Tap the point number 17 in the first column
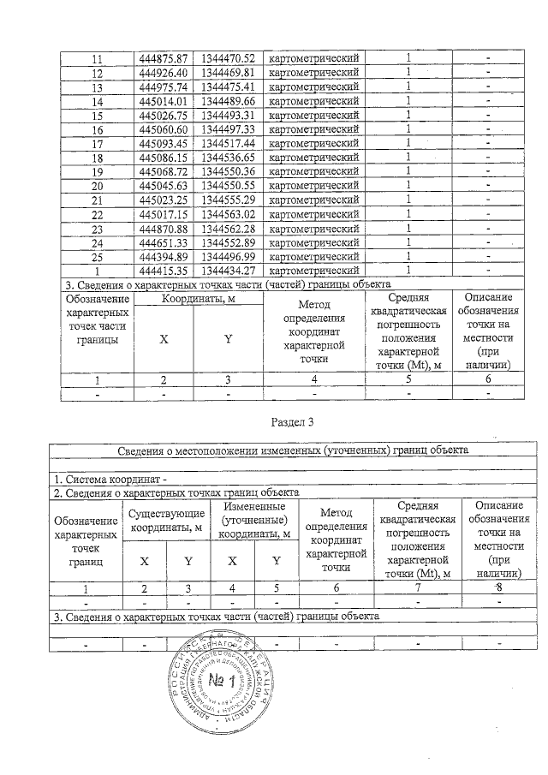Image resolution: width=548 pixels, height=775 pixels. pyautogui.click(x=97, y=143)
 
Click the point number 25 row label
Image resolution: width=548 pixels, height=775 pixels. pyautogui.click(x=97, y=256)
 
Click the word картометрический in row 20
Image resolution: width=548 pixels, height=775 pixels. pyautogui.click(x=313, y=185)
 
